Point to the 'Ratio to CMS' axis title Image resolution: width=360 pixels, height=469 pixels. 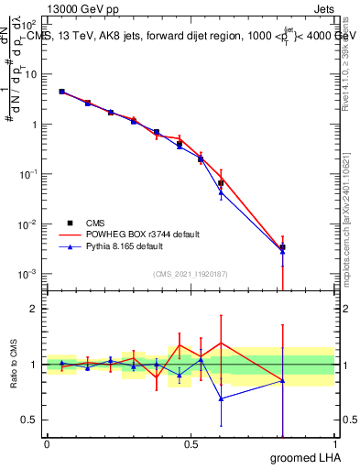click(x=14, y=365)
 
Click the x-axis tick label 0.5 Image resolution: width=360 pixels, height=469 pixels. click(x=191, y=444)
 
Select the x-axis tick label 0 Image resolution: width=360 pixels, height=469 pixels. click(x=47, y=444)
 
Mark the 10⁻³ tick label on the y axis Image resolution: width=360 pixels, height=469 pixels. click(x=30, y=274)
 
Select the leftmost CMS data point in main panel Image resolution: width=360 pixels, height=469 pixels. click(x=61, y=92)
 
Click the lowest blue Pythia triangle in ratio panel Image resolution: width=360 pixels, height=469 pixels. click(x=221, y=398)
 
